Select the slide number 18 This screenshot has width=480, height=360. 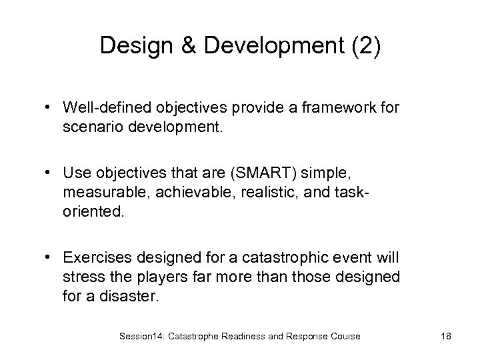tap(445, 337)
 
